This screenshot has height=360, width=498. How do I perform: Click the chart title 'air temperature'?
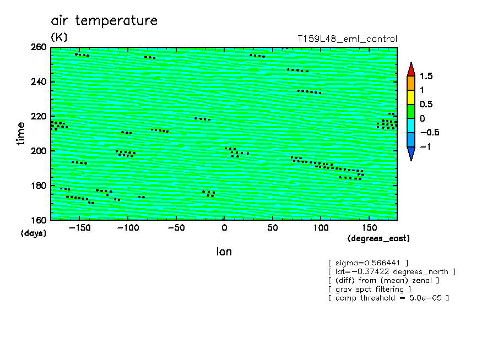(104, 20)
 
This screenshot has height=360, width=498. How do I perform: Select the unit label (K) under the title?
(59, 37)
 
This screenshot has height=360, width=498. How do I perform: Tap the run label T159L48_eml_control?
(347, 39)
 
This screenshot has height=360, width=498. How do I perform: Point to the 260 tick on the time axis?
(39, 47)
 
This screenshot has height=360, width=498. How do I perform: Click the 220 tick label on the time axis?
(39, 116)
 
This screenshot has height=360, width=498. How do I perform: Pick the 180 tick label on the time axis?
(39, 186)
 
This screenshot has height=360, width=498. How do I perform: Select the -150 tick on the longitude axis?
(80, 228)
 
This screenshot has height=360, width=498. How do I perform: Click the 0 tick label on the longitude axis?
(224, 228)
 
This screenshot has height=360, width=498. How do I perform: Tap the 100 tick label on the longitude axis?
(321, 228)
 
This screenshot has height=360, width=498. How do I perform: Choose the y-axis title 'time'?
(20, 134)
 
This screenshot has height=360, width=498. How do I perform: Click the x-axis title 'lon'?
(224, 252)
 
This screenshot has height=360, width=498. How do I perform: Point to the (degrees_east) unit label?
(378, 238)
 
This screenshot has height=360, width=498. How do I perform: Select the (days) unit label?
(34, 233)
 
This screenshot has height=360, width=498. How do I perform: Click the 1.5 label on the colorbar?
(426, 76)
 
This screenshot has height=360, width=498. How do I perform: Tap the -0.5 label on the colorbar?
(430, 132)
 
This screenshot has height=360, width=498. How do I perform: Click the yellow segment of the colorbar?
(411, 97)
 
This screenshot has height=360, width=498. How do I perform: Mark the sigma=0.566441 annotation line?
(369, 263)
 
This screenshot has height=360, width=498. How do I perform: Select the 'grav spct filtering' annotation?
(370, 289)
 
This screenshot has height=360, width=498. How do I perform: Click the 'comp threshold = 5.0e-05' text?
(389, 298)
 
